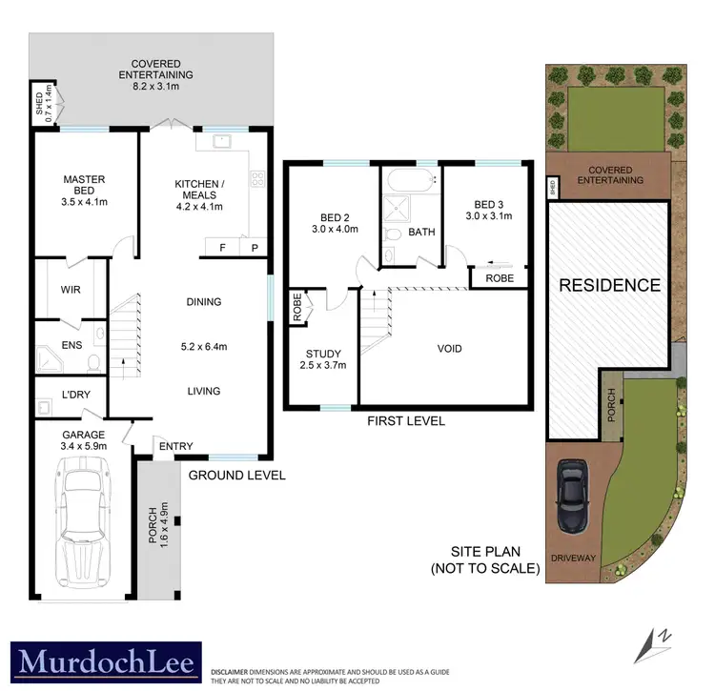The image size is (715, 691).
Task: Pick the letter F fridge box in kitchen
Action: pyautogui.click(x=222, y=248)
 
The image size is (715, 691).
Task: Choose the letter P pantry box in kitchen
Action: pyautogui.click(x=254, y=248)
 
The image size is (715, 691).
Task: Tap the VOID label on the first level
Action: pyautogui.click(x=449, y=348)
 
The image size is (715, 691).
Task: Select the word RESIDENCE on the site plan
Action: pyautogui.click(x=609, y=285)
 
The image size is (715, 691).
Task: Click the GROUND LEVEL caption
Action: pyautogui.click(x=236, y=475)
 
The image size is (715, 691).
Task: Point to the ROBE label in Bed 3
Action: pyautogui.click(x=500, y=278)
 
